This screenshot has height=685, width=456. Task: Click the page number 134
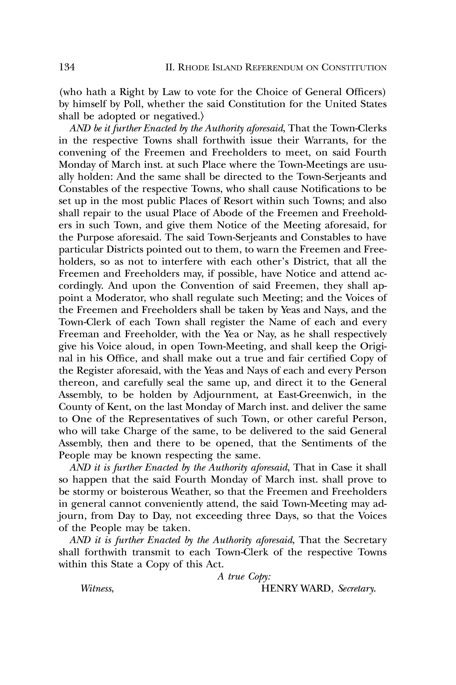point(67,67)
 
